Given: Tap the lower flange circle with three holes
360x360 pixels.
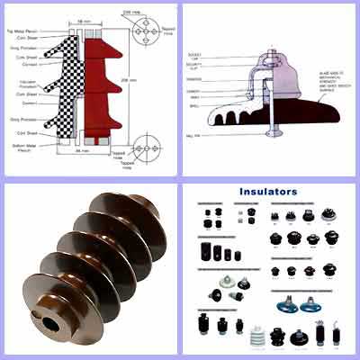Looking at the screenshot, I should click(143, 148).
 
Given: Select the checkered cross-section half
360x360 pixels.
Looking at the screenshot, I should click(63, 85).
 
